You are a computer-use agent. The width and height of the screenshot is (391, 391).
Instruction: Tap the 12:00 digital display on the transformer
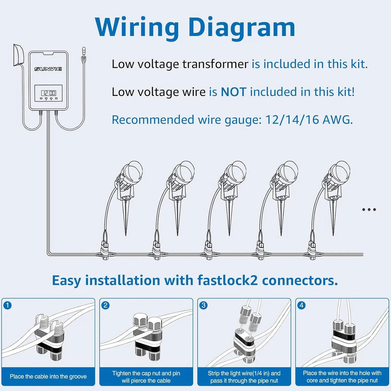(x=48, y=92)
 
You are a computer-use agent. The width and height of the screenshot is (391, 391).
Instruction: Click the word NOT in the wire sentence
(x=233, y=92)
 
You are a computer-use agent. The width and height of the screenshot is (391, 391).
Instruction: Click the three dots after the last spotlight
(x=369, y=209)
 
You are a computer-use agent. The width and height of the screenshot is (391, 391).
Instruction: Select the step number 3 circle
(x=204, y=305)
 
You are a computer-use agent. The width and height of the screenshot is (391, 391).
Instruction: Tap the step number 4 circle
(x=302, y=305)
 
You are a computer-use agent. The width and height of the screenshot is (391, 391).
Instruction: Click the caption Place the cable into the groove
(x=48, y=376)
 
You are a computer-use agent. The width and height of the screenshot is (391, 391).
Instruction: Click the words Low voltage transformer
(x=180, y=64)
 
